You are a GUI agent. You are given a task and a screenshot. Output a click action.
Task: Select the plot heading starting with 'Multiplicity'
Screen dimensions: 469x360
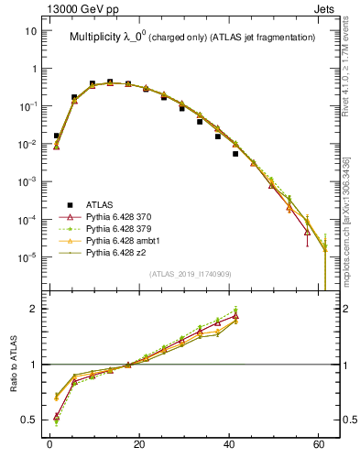point(192,37)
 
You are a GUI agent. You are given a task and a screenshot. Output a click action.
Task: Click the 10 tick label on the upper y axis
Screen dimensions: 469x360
point(30,30)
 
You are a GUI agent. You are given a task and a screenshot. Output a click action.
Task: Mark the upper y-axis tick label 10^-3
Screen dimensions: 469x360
point(28,181)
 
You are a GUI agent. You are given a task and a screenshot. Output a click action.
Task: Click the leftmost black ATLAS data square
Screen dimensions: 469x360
point(56,136)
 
